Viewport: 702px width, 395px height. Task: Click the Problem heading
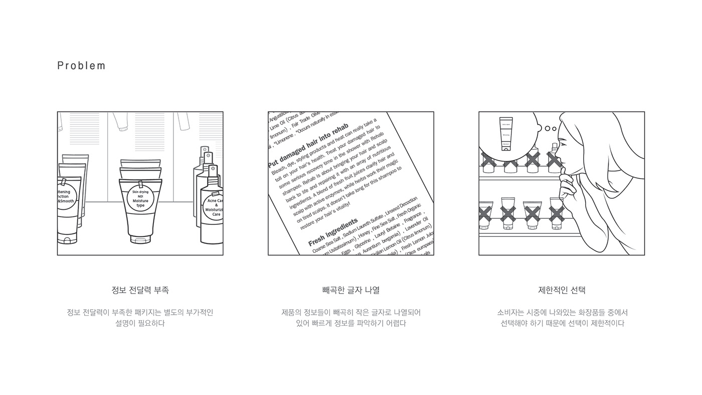pyautogui.click(x=81, y=66)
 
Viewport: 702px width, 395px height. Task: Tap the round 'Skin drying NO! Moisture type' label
pyautogui.click(x=140, y=199)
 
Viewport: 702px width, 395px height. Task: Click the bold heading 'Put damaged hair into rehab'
pyautogui.click(x=308, y=145)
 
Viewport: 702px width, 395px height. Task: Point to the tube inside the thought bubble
pyautogui.click(x=506, y=134)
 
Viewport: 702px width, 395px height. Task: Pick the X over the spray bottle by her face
pyautogui.click(x=554, y=160)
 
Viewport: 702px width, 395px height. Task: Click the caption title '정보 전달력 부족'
pyautogui.click(x=140, y=290)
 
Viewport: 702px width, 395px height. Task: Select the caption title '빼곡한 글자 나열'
pyautogui.click(x=351, y=290)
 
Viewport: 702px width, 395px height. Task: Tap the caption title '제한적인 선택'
pyautogui.click(x=562, y=290)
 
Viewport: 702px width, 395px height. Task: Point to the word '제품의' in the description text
pyautogui.click(x=291, y=313)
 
